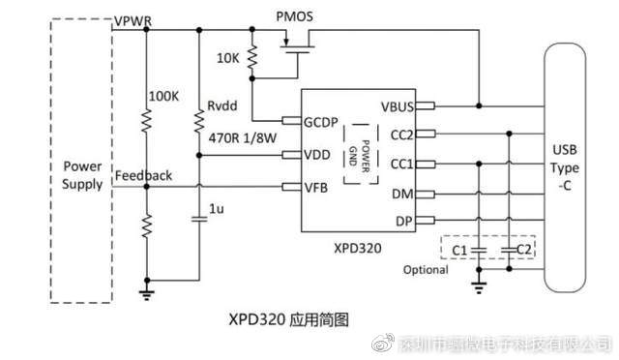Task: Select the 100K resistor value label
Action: (x=162, y=97)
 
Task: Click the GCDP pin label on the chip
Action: (x=321, y=122)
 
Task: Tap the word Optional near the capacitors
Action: (x=426, y=269)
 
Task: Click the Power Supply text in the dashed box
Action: (x=82, y=175)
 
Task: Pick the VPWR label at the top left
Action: (x=131, y=20)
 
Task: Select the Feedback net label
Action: (x=143, y=175)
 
